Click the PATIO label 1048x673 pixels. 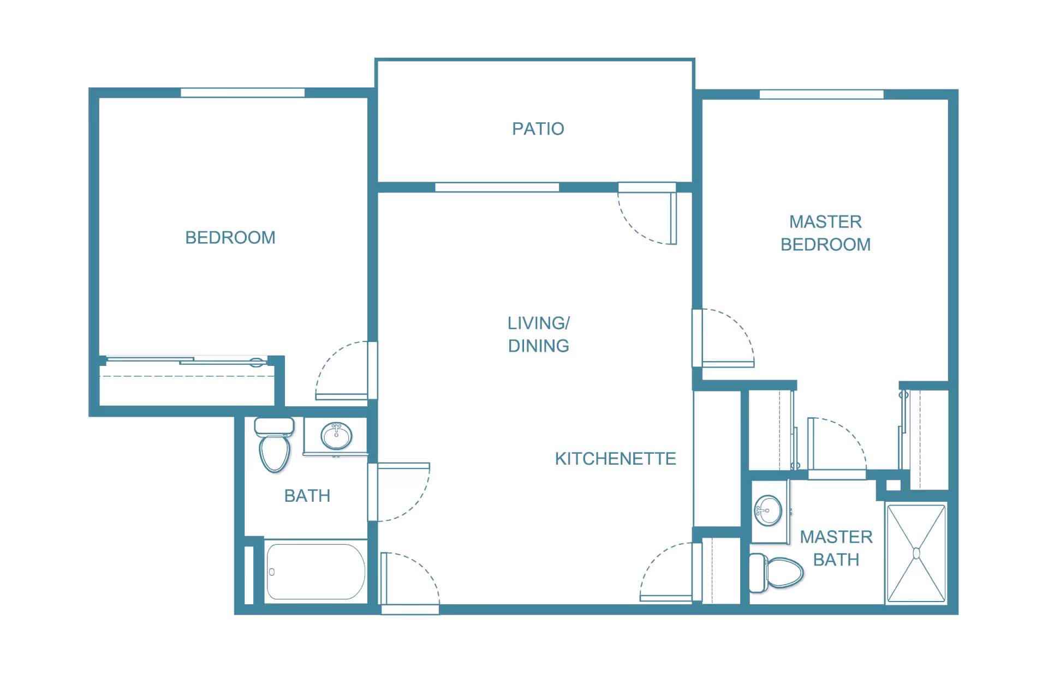pyautogui.click(x=538, y=129)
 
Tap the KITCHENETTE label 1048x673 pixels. pyautogui.click(x=615, y=459)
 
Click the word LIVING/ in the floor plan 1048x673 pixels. pyautogui.click(x=538, y=323)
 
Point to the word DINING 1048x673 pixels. pyautogui.click(x=538, y=346)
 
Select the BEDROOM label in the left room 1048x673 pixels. pyautogui.click(x=230, y=238)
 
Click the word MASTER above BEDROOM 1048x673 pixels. pyautogui.click(x=825, y=221)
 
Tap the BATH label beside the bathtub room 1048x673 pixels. pyautogui.click(x=307, y=496)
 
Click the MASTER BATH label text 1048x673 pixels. pyautogui.click(x=836, y=548)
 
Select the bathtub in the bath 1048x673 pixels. pyautogui.click(x=315, y=572)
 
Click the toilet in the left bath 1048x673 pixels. pyautogui.click(x=274, y=444)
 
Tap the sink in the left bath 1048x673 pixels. pyautogui.click(x=336, y=435)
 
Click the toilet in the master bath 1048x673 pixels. pyautogui.click(x=776, y=573)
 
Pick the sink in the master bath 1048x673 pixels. pyautogui.click(x=768, y=510)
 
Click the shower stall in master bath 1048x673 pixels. pyautogui.click(x=916, y=553)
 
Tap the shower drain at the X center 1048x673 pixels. pyautogui.click(x=916, y=554)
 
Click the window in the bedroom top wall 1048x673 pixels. pyautogui.click(x=242, y=93)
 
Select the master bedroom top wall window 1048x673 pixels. pyautogui.click(x=821, y=94)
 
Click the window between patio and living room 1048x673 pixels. pyautogui.click(x=497, y=187)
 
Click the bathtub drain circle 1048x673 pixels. pyautogui.click(x=272, y=572)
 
